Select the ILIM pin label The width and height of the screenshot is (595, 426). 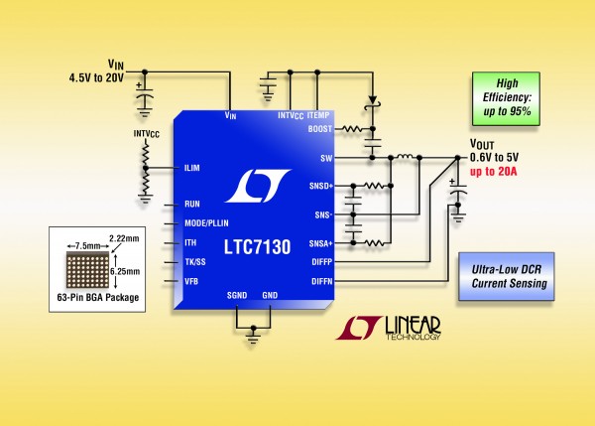[x=193, y=167]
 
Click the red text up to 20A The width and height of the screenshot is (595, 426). [x=494, y=171]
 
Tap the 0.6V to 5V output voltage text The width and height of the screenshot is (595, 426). [x=496, y=157]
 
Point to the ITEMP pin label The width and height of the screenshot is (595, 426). [x=318, y=116]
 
